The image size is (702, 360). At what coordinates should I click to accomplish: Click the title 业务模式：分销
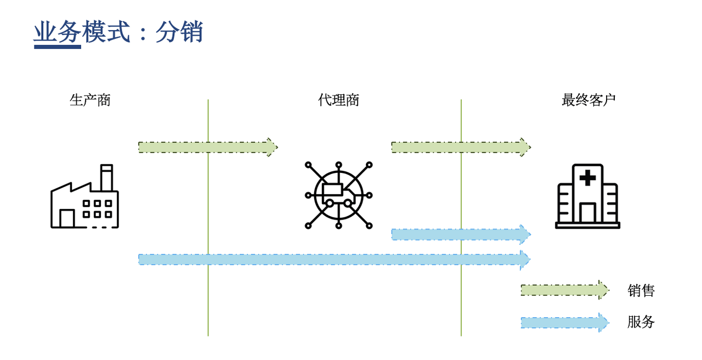tap(118, 32)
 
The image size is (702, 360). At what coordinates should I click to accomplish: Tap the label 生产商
tap(90, 100)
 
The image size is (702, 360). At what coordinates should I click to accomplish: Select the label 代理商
tap(338, 100)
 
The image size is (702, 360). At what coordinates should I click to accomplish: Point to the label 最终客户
tap(588, 100)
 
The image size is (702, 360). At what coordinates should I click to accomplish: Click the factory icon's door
tap(67, 218)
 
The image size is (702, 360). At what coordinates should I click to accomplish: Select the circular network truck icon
tap(338, 195)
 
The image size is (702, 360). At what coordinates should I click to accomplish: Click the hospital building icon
tap(587, 196)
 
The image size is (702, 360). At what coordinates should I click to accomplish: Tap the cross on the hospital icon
tap(587, 177)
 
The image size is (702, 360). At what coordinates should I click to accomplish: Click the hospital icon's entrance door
tap(587, 213)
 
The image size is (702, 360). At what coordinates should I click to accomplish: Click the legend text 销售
tap(641, 290)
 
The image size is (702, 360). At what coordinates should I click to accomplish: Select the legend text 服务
tap(641, 322)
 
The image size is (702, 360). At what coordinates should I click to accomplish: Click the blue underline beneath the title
tap(58, 47)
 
